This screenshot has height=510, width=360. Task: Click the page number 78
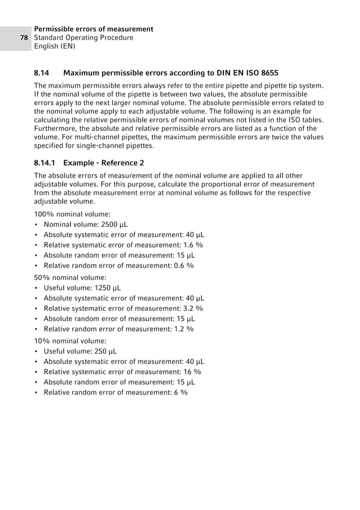[24, 38]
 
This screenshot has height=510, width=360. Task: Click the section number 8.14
[42, 73]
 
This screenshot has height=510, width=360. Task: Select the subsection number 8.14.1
[46, 162]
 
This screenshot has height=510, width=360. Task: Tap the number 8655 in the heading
[268, 73]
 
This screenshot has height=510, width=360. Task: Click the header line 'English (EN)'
[55, 47]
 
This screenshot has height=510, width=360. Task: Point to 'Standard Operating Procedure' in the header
[84, 38]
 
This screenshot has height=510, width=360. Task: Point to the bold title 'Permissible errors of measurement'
[94, 29]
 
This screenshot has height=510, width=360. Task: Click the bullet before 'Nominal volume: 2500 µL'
[37, 225]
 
